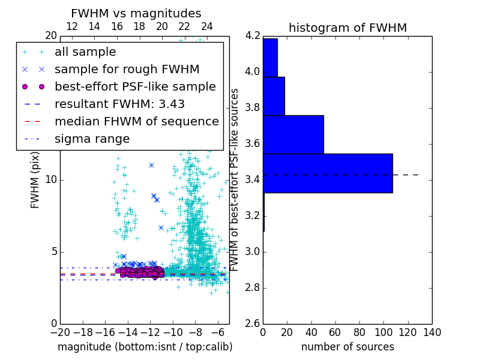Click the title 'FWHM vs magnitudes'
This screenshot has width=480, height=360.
[x=136, y=13]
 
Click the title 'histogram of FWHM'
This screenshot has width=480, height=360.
[x=347, y=28]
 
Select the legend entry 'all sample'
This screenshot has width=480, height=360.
[x=85, y=52]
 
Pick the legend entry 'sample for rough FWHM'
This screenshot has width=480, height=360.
[x=127, y=69]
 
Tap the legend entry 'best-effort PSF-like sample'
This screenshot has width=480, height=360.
[x=135, y=86]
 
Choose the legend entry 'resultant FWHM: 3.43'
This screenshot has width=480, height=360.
[x=119, y=104]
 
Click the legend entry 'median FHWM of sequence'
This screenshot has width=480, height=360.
[x=136, y=121]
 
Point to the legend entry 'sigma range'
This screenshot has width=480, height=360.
[x=92, y=139]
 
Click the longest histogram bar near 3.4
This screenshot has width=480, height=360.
[x=328, y=173]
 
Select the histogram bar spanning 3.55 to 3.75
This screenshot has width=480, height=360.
[x=293, y=134]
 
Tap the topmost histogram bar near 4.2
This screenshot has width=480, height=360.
[x=270, y=58]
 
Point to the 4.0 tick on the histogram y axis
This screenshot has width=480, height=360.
[x=252, y=72]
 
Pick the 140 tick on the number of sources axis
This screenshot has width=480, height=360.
[x=432, y=332]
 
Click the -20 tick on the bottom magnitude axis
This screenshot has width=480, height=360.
[x=60, y=332]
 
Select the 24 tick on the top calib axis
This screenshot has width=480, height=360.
[x=206, y=26]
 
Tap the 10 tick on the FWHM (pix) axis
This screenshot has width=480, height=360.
[x=51, y=179]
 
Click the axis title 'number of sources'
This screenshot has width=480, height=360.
[x=347, y=347]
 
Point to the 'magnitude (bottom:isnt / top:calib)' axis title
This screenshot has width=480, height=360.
[x=145, y=347]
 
